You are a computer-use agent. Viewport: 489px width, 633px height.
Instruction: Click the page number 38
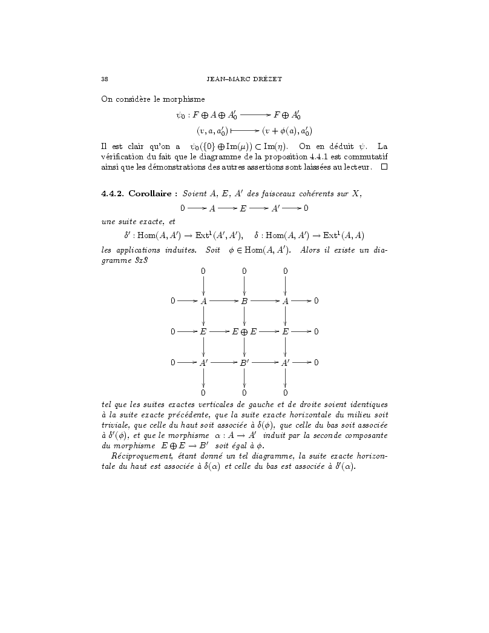click(104, 79)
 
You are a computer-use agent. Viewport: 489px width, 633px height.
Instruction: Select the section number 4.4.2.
click(113, 193)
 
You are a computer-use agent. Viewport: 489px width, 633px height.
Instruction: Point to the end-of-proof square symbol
click(383, 167)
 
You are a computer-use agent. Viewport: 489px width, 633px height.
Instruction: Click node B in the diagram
click(244, 300)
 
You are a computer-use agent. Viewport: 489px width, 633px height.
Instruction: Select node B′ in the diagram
click(244, 363)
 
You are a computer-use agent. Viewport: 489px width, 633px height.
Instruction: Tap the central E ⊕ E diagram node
click(244, 331)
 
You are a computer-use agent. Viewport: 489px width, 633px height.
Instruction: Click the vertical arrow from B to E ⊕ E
click(244, 316)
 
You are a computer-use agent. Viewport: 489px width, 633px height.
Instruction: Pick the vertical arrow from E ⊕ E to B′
click(244, 347)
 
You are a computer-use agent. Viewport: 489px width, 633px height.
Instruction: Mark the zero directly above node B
click(244, 271)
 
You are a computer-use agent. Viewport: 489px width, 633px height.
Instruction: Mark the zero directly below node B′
click(244, 393)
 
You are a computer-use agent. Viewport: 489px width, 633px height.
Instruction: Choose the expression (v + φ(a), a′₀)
click(287, 130)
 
